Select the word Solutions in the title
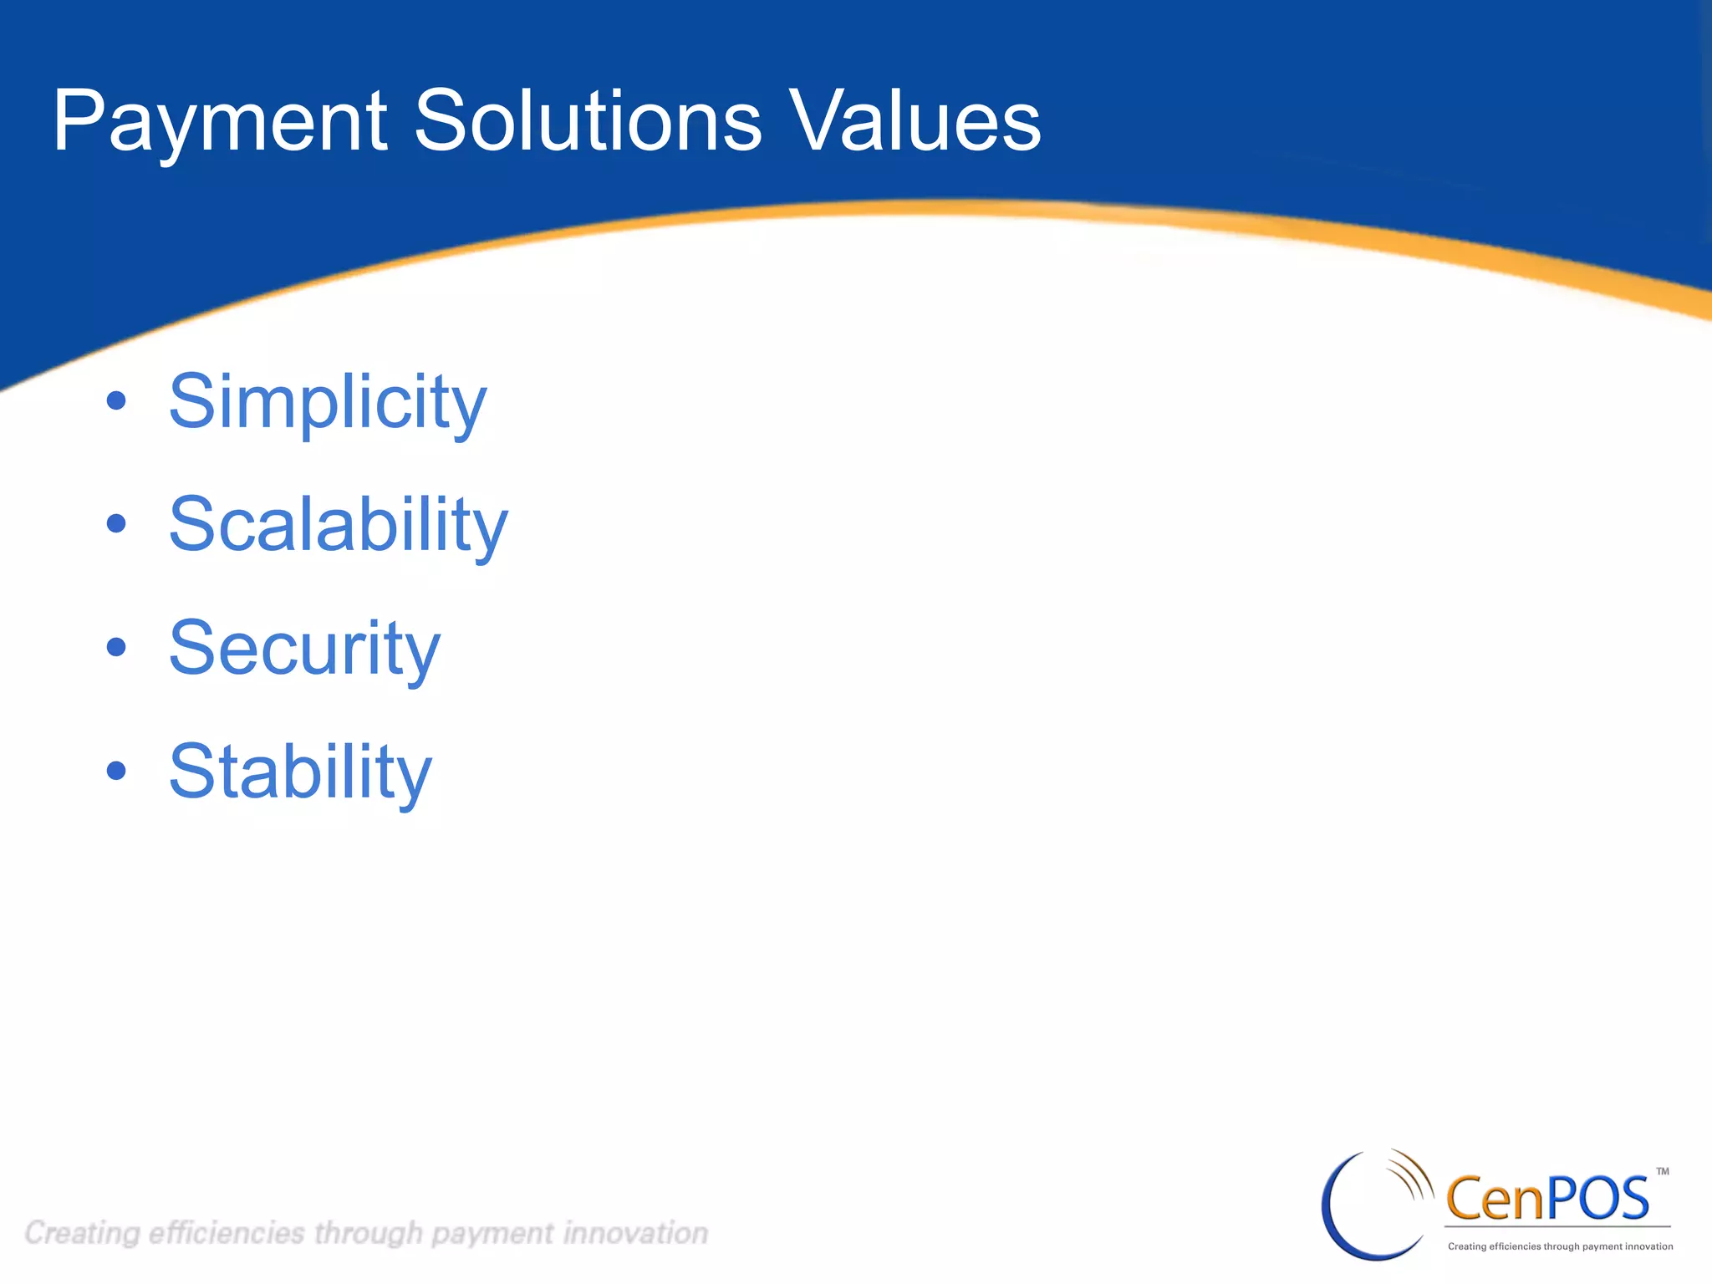(x=588, y=122)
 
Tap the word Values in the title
(x=915, y=122)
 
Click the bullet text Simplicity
(x=327, y=403)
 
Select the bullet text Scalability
(x=338, y=525)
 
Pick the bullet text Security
(x=304, y=649)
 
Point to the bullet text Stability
(x=300, y=772)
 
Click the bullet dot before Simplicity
(x=116, y=401)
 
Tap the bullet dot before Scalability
(x=116, y=524)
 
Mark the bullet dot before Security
(x=116, y=647)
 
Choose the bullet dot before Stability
(x=116, y=771)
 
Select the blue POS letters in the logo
(x=1598, y=1199)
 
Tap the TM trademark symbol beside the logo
(x=1663, y=1172)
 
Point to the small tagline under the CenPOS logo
(x=1560, y=1246)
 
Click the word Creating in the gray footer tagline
(x=82, y=1233)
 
